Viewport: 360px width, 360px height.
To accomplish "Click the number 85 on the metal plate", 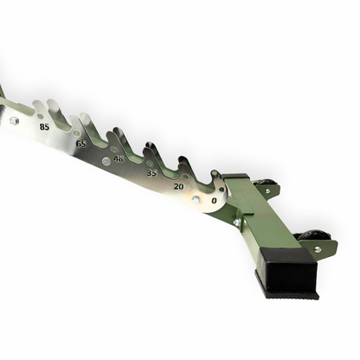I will click(x=44, y=126).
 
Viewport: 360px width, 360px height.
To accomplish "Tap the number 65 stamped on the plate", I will click(x=80, y=144).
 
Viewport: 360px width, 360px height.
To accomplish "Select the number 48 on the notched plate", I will click(x=119, y=158).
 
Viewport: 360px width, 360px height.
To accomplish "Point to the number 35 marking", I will click(x=151, y=173).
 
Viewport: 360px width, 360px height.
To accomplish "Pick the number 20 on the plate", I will click(x=178, y=186).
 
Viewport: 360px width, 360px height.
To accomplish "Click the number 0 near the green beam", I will click(x=214, y=201).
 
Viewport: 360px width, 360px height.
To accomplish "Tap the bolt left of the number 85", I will click(x=15, y=120).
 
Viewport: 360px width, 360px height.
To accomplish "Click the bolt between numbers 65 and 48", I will click(x=106, y=161).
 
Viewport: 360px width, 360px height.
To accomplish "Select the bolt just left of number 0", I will click(x=196, y=201).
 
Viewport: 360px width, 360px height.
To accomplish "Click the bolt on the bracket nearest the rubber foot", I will click(x=317, y=249).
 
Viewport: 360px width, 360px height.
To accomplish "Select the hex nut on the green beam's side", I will click(x=236, y=222).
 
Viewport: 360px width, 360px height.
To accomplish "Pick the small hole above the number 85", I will click(x=39, y=113).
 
